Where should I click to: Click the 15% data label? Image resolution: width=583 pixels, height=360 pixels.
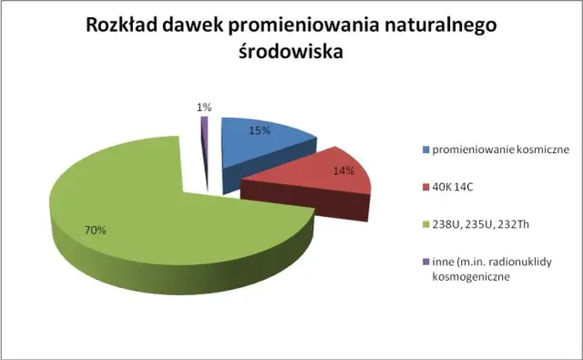click(x=260, y=130)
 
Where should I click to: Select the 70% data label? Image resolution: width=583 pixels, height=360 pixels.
click(x=96, y=230)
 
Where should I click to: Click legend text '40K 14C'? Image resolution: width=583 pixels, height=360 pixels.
click(x=453, y=188)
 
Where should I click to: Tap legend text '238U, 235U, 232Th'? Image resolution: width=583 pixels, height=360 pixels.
click(x=476, y=226)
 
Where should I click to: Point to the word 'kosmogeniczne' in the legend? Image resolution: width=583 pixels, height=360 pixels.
click(x=466, y=278)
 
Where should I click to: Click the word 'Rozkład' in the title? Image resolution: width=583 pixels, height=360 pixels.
click(x=124, y=25)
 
